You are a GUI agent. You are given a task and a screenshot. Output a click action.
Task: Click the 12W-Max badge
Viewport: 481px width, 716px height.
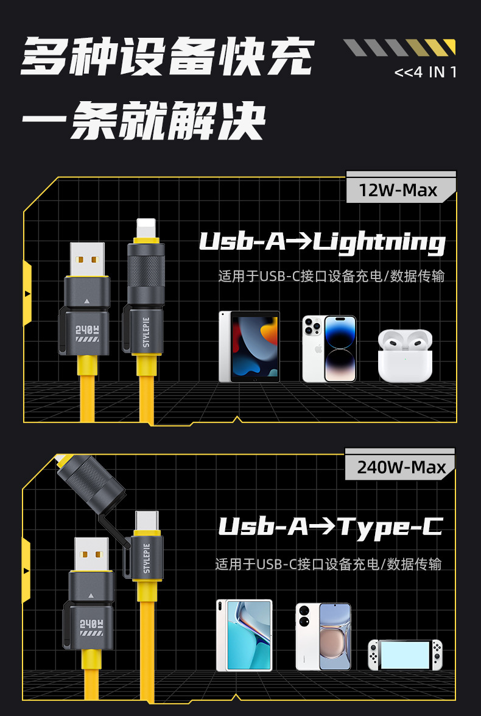coord(398,190)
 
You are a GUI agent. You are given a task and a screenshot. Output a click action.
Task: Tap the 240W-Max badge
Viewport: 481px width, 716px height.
coord(401,467)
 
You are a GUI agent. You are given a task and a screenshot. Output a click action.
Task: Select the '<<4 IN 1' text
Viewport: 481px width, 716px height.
coord(425,72)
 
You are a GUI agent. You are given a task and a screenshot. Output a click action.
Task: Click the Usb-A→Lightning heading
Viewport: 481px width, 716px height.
coord(322,242)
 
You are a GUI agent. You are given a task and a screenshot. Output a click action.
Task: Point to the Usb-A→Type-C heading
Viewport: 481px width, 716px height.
coord(329,526)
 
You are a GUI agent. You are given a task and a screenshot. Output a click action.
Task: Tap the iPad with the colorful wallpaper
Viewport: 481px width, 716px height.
coord(250,347)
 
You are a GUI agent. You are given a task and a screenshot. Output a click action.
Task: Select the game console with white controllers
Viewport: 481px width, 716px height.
coord(405,655)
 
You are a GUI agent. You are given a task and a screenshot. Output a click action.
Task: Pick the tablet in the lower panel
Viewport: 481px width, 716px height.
coord(244,635)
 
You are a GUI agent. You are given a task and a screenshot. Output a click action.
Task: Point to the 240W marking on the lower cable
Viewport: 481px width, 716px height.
coord(89,625)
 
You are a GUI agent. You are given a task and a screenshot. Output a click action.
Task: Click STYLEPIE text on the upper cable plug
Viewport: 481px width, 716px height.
coord(146,328)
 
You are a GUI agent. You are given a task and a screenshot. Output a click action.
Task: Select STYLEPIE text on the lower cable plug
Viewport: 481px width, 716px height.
coord(146,558)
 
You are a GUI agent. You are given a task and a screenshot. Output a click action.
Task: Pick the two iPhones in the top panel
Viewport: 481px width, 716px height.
coord(329,349)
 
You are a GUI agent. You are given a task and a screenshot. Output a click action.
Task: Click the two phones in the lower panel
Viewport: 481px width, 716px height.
coord(323,636)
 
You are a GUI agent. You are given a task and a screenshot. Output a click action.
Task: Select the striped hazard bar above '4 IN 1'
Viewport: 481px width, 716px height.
coord(399,48)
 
